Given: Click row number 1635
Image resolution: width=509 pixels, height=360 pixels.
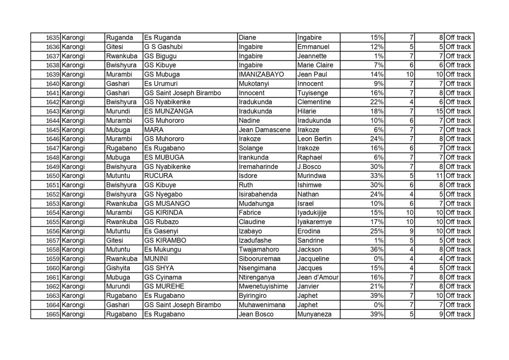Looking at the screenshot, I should (52, 38).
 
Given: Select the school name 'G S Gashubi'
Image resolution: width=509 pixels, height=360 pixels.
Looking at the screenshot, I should (163, 47).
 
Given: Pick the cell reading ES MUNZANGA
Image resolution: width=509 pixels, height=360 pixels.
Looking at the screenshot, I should (168, 111).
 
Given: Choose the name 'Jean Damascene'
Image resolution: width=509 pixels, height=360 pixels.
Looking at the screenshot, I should (262, 130).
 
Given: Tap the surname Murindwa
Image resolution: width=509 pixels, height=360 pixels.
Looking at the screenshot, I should (312, 176).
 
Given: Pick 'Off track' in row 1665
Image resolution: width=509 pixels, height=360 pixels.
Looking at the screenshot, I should (458, 314).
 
